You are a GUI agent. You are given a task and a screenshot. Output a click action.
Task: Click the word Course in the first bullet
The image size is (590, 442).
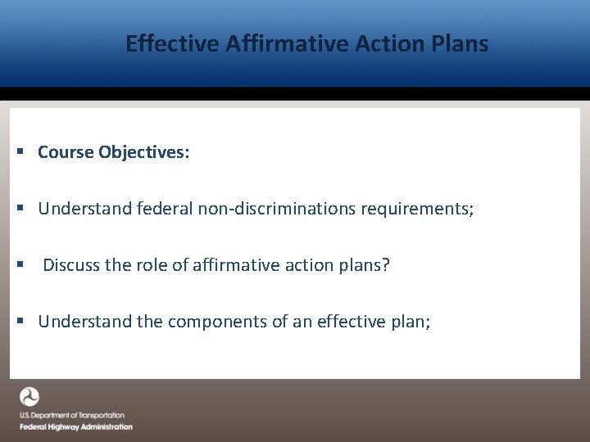pyautogui.click(x=66, y=152)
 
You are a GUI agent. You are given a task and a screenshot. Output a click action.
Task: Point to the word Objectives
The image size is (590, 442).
pyautogui.click(x=144, y=152)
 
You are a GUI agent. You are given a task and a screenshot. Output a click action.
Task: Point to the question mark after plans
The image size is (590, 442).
pyautogui.click(x=386, y=265)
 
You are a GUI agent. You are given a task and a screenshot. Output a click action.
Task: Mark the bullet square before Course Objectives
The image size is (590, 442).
pyautogui.click(x=20, y=153)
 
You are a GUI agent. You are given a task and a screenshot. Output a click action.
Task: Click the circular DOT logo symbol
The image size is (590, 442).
pyautogui.click(x=29, y=398)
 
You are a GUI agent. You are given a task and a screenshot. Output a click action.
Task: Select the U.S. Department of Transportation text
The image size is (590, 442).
pyautogui.click(x=72, y=416)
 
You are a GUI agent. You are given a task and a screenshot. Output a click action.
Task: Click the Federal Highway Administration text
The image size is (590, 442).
pyautogui.click(x=75, y=426)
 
